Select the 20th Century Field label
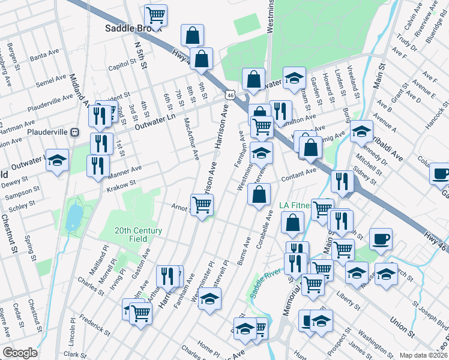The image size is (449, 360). point(139,235)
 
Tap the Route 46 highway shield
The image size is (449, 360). point(229,95)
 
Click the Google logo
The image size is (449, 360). point(20,353)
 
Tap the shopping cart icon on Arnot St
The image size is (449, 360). point(202,205)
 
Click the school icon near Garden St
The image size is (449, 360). point(294,79)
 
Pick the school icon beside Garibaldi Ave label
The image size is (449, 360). point(361,130)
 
